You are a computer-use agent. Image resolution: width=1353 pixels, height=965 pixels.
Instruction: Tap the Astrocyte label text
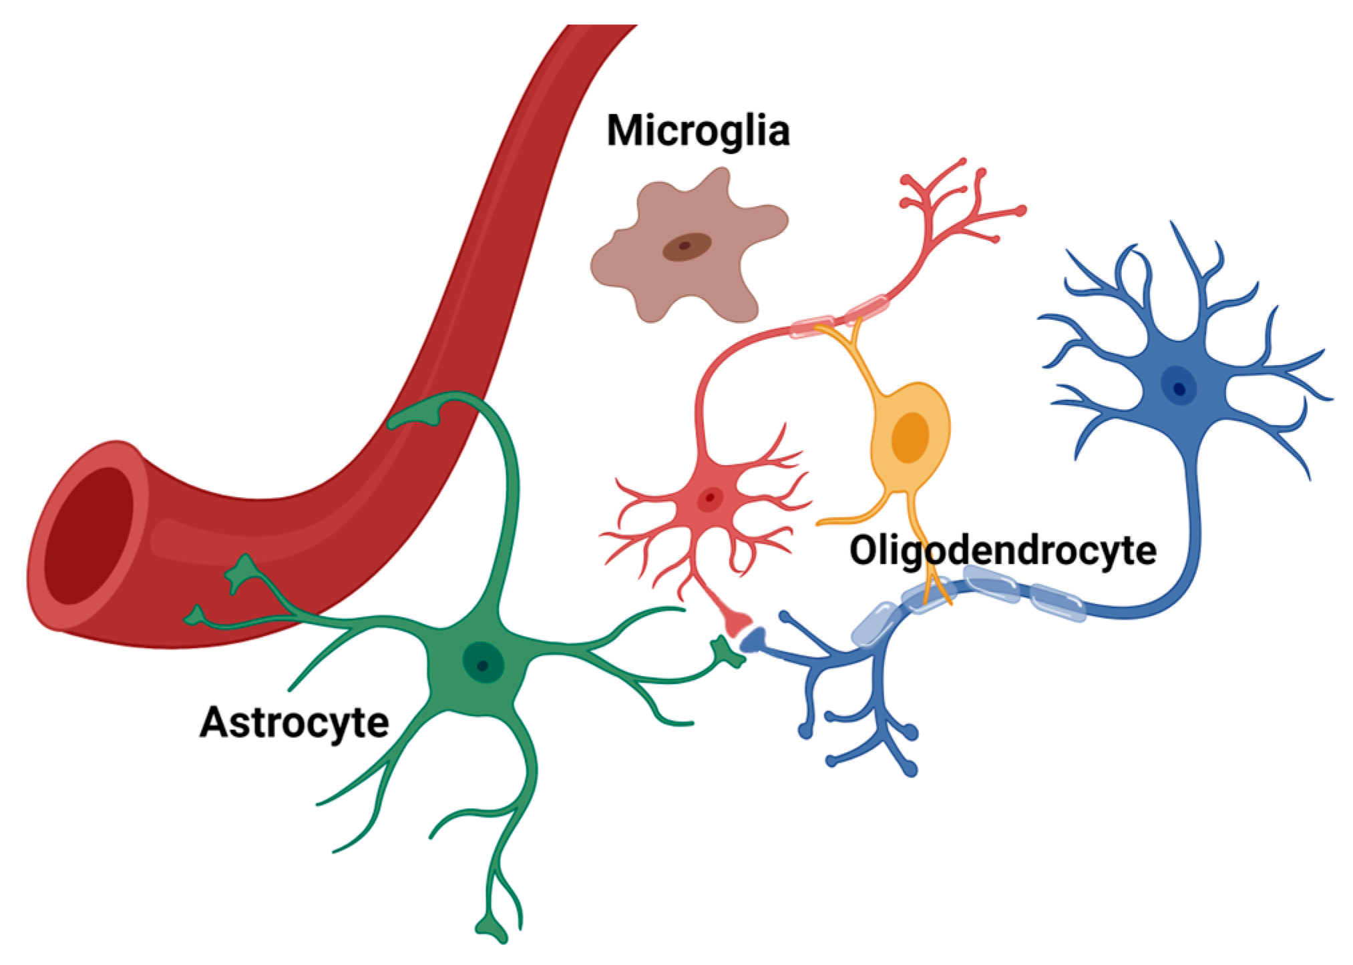point(294,723)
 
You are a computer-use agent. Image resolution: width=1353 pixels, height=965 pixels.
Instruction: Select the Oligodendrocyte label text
point(1002,551)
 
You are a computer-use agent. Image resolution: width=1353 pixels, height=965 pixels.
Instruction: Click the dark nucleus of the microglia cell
point(686,247)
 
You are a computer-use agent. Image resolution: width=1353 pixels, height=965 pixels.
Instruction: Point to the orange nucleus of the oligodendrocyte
point(910,437)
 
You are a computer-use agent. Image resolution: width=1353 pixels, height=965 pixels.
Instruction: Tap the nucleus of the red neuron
point(710,498)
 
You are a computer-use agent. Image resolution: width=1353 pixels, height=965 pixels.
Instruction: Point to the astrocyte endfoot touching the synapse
point(728,651)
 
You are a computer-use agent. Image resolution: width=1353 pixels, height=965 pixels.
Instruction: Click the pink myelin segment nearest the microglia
point(811,326)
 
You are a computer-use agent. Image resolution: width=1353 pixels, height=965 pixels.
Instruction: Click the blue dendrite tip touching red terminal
point(753,640)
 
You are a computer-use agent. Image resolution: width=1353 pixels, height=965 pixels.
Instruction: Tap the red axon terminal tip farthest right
point(1020,211)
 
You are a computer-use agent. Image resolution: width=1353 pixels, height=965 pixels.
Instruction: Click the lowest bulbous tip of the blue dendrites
point(910,769)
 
